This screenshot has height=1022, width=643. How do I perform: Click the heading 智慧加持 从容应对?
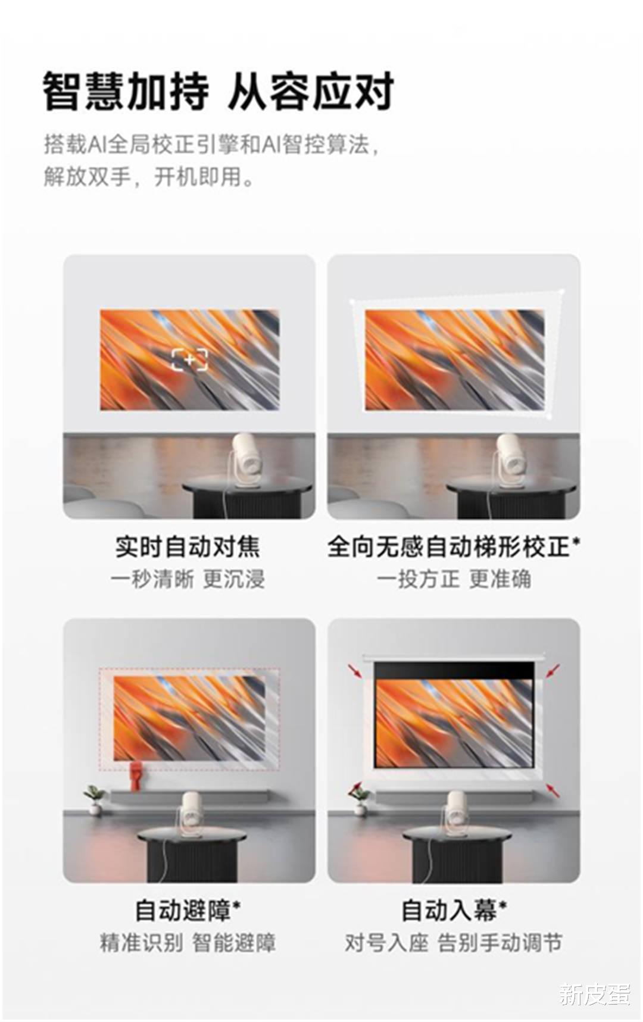pyautogui.click(x=219, y=92)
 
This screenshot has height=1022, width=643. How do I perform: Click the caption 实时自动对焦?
pyautogui.click(x=188, y=546)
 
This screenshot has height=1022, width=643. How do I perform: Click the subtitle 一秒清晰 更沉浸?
pyautogui.click(x=188, y=579)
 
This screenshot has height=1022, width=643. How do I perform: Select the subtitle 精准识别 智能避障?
pyautogui.click(x=188, y=943)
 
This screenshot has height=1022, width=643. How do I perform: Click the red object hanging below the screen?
pyautogui.click(x=136, y=775)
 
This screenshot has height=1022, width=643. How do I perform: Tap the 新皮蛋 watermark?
pyautogui.click(x=594, y=993)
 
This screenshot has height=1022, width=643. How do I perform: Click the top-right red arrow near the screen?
pyautogui.click(x=553, y=670)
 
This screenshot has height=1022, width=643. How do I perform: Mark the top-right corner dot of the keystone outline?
pyautogui.click(x=563, y=291)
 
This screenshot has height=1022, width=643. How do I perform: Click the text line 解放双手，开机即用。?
pyautogui.click(x=148, y=177)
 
